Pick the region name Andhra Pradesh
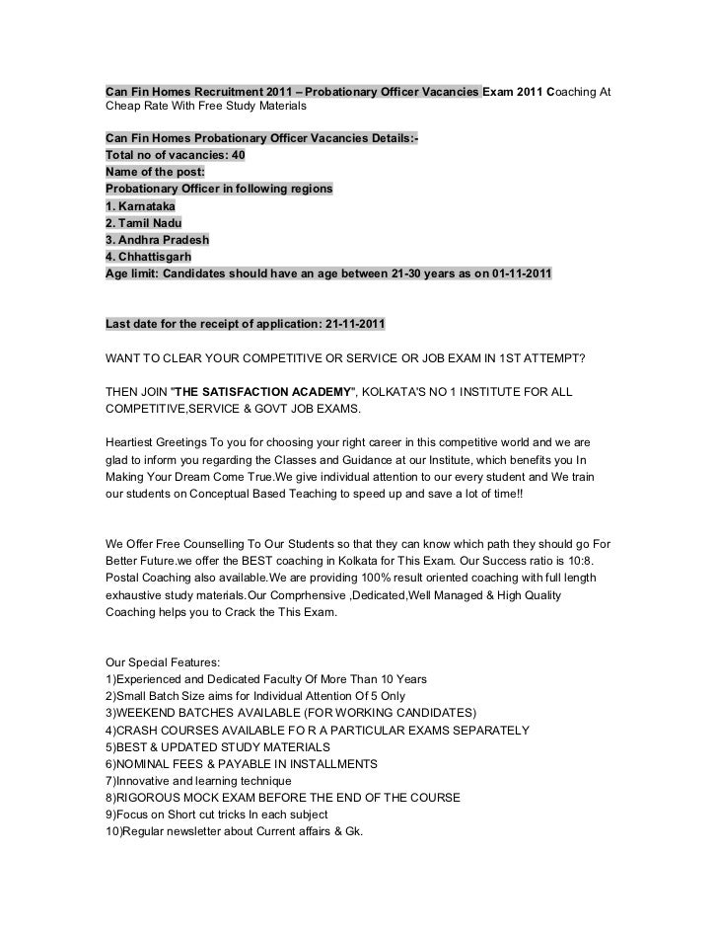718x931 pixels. point(164,240)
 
